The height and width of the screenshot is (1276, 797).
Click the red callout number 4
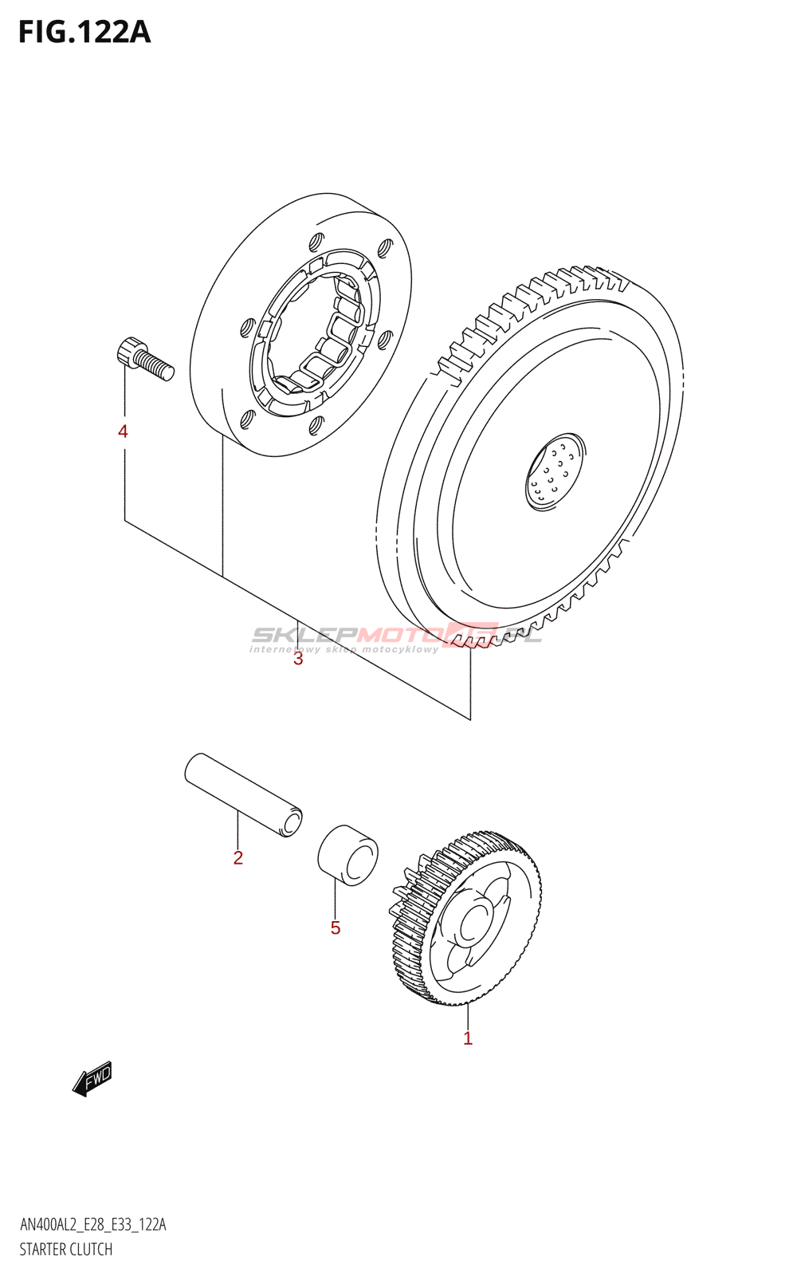[123, 431]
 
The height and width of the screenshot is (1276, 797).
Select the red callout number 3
[298, 659]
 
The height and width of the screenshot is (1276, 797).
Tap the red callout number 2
[238, 858]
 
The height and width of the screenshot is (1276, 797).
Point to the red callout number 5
[336, 927]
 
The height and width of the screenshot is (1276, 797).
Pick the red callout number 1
[468, 1038]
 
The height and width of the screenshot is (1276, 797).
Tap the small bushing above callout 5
[348, 855]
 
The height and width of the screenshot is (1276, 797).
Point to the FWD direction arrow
[92, 1078]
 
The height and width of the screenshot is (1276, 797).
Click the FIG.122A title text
[84, 32]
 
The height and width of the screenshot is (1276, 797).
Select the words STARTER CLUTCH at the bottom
[66, 1250]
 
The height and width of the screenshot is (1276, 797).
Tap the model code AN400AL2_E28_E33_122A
[92, 1225]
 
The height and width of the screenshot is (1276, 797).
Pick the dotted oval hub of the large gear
[555, 471]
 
